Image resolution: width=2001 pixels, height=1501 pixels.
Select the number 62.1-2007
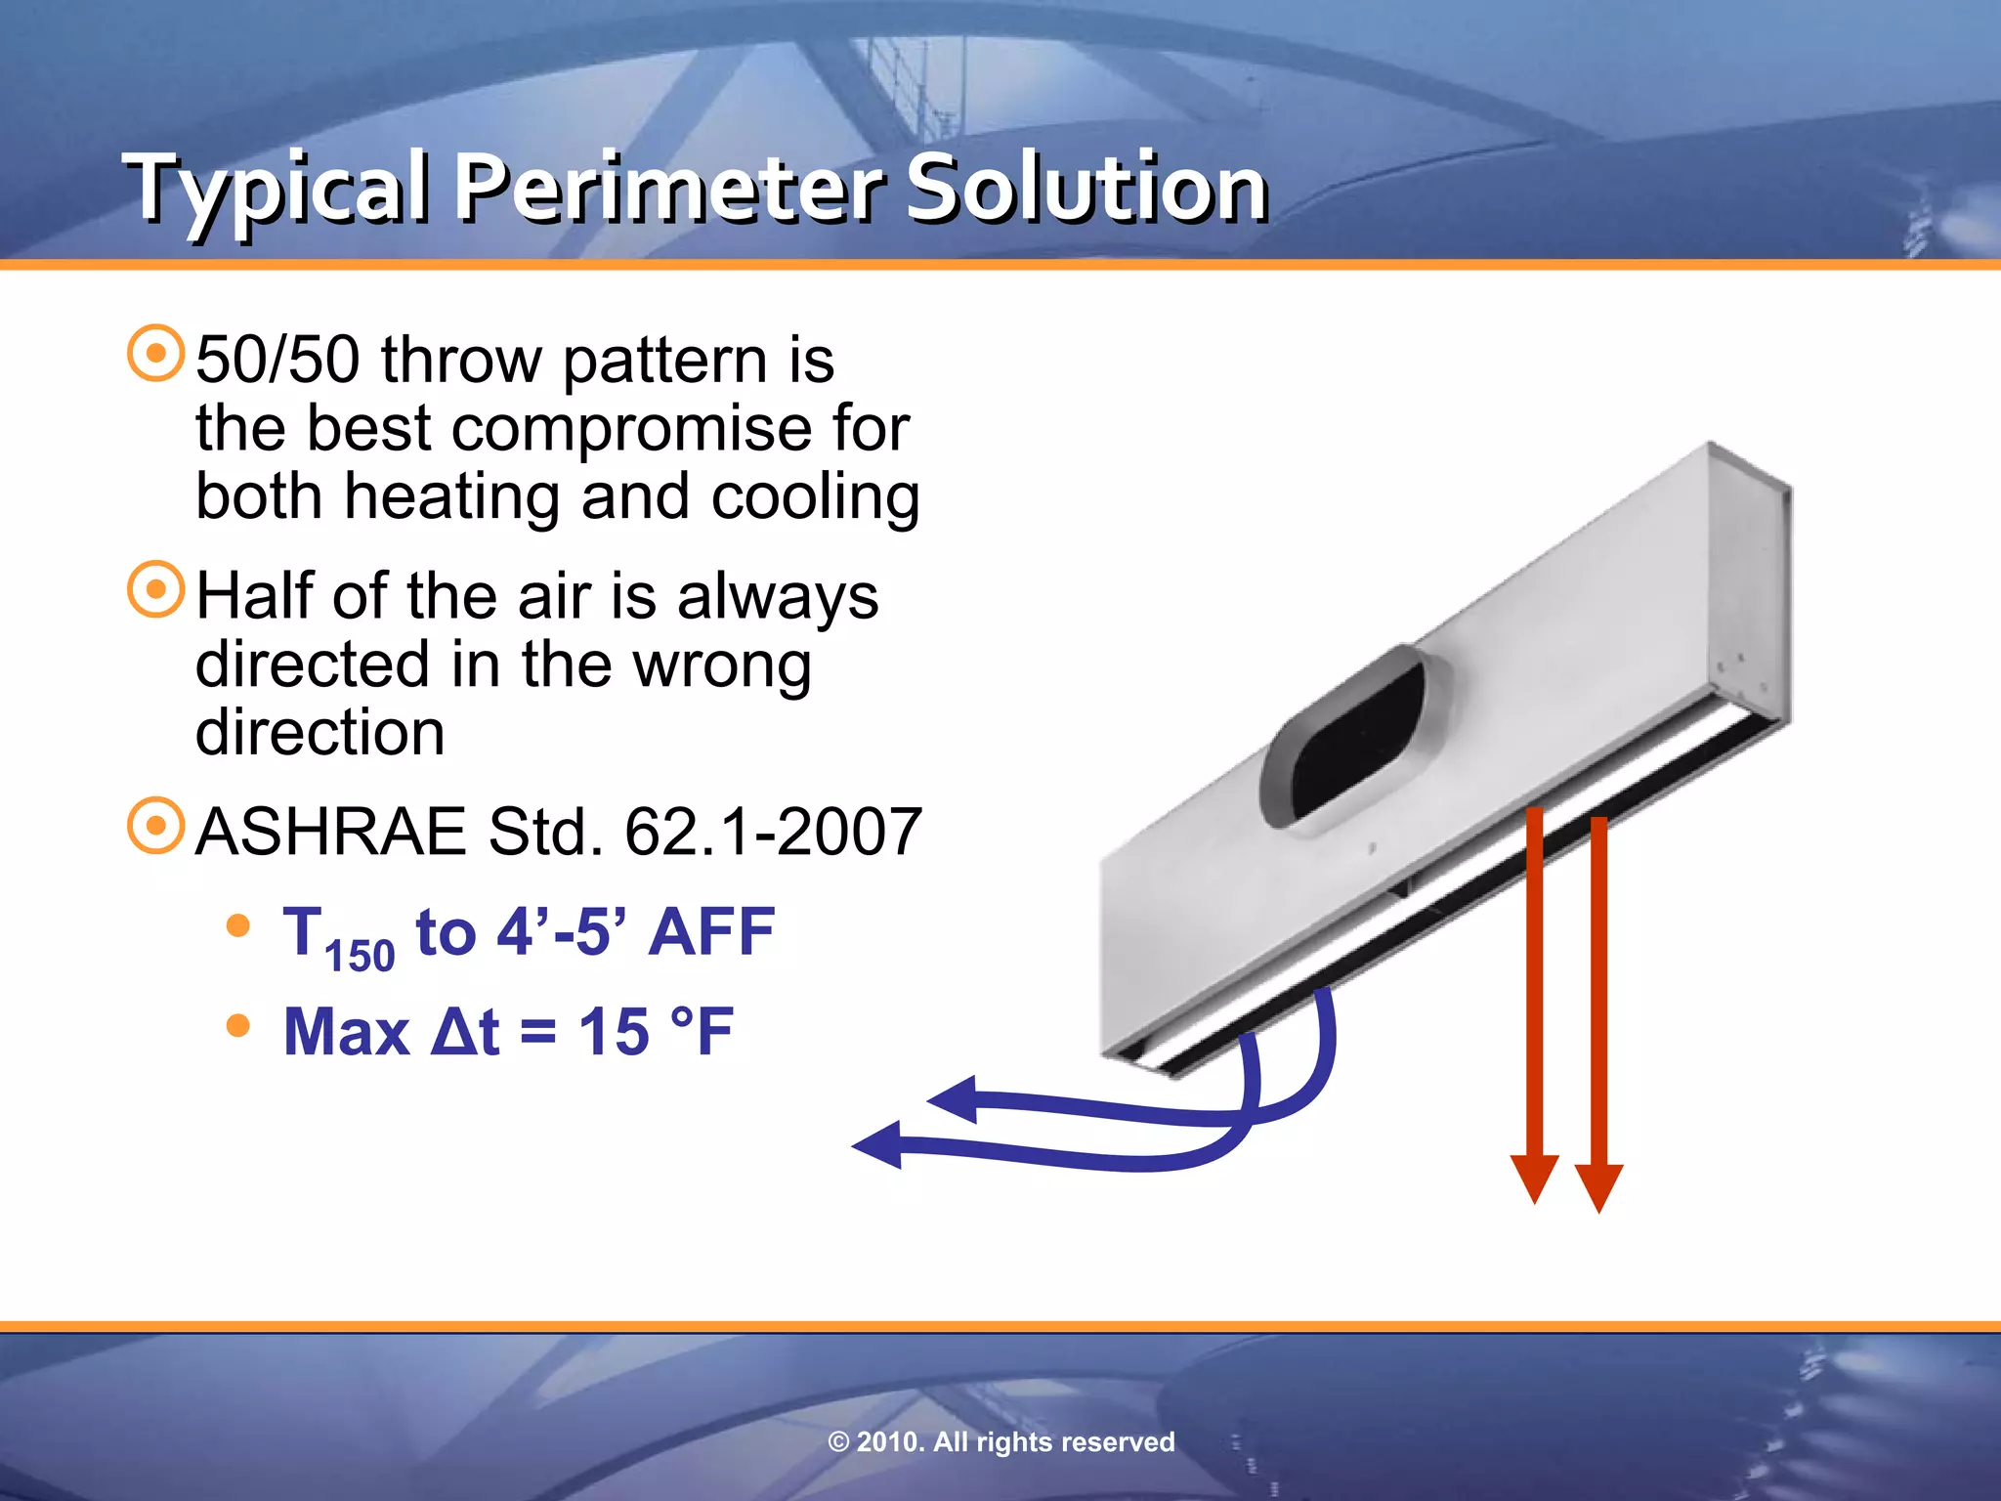773,833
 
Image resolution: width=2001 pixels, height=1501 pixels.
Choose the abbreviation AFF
711,932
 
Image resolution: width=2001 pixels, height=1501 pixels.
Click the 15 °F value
656,1032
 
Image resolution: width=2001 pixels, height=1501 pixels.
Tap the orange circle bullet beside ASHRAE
156,827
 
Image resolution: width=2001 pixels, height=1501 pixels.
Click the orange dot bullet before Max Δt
237,1026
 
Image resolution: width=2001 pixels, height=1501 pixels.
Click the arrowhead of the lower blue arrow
877,1144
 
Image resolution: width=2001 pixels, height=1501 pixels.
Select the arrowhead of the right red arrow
1599,1186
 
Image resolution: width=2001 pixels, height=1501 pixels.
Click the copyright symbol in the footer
838,1442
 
